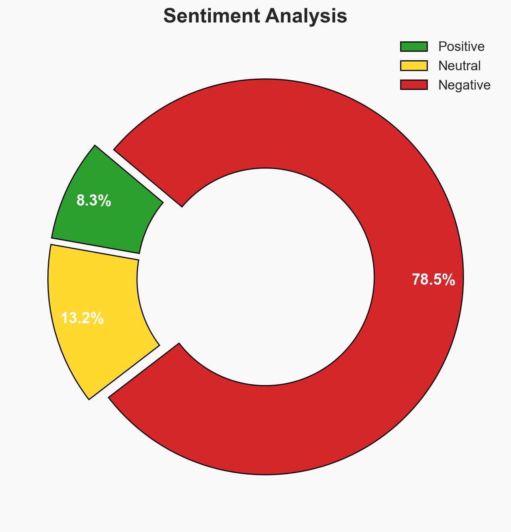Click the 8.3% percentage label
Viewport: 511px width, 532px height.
click(x=94, y=200)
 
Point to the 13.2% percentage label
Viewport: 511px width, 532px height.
click(x=82, y=318)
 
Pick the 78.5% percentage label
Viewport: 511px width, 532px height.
click(x=433, y=280)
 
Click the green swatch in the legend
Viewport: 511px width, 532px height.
click(x=414, y=47)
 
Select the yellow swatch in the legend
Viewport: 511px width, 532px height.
click(x=414, y=65)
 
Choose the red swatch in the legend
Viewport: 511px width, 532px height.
click(x=414, y=85)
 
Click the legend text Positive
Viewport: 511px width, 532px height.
click(x=461, y=47)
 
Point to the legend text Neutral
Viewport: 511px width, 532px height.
click(x=459, y=65)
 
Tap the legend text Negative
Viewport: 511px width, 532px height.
click(x=464, y=85)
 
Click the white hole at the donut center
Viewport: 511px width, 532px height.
click(x=265, y=277)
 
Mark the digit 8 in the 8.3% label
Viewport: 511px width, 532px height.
click(x=80, y=200)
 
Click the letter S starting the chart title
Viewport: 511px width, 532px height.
click(x=170, y=16)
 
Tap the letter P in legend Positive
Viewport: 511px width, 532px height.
click(x=442, y=47)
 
